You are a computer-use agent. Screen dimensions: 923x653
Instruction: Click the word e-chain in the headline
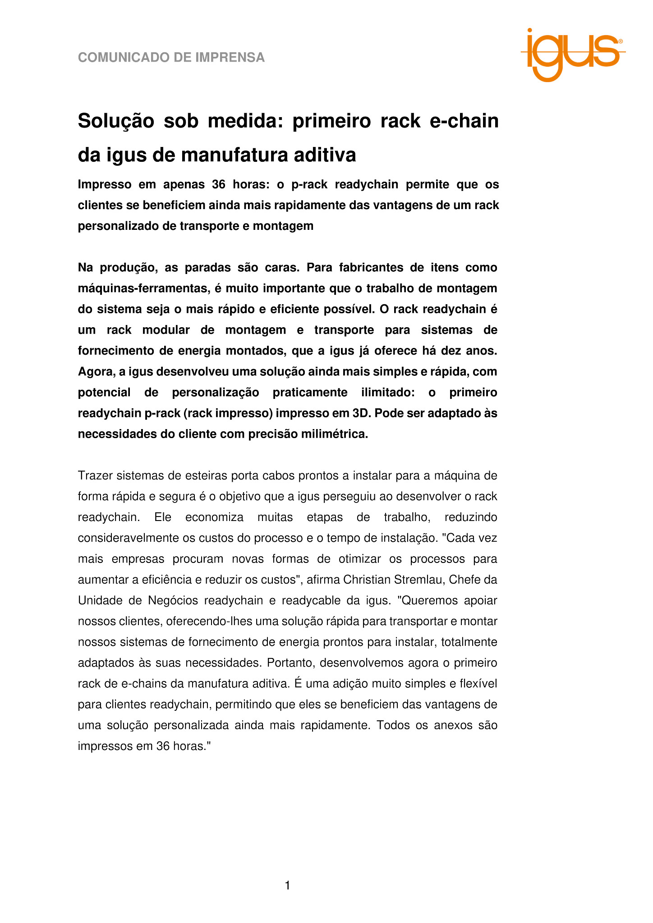click(x=464, y=121)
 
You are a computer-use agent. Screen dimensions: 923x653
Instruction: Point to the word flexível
click(x=478, y=684)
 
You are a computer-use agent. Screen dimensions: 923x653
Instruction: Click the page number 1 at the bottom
click(x=288, y=886)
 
